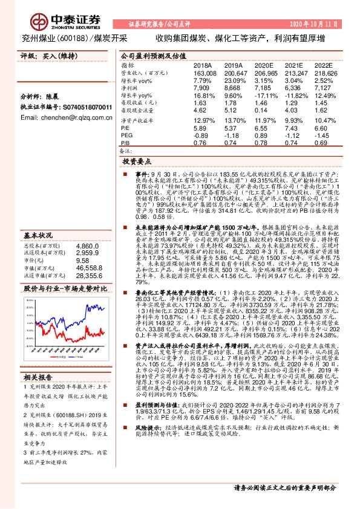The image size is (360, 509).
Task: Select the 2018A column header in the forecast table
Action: click(x=202, y=65)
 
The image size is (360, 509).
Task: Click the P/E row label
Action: click(x=126, y=129)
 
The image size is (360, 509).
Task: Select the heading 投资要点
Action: click(x=137, y=163)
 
